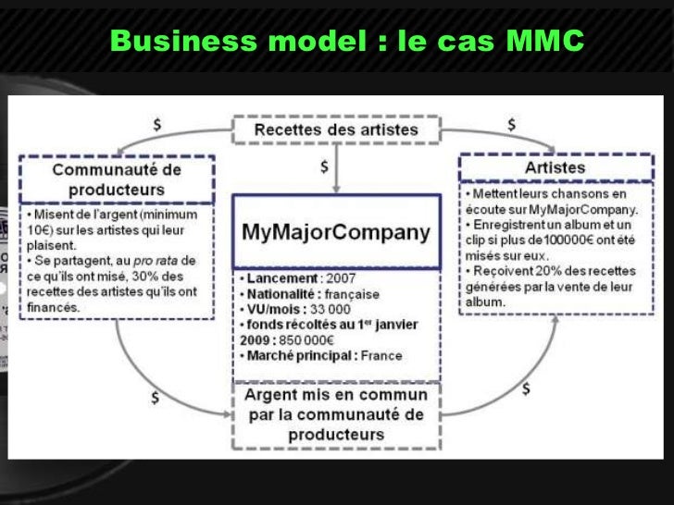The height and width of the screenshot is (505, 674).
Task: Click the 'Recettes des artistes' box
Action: (x=336, y=129)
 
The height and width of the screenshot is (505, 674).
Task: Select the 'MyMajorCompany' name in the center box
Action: (x=335, y=230)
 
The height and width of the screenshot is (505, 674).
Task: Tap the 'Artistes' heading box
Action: (x=555, y=167)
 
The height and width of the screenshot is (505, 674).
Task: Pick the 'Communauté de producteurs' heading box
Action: (x=116, y=179)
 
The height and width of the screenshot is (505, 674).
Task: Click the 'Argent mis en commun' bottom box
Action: (x=335, y=413)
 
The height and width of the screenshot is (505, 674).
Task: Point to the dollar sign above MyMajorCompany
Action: (x=323, y=167)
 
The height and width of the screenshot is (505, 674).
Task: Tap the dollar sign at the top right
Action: (x=511, y=124)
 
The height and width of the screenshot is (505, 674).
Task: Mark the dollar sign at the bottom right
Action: (x=526, y=388)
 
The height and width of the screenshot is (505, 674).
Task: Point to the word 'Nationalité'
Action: (x=281, y=293)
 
